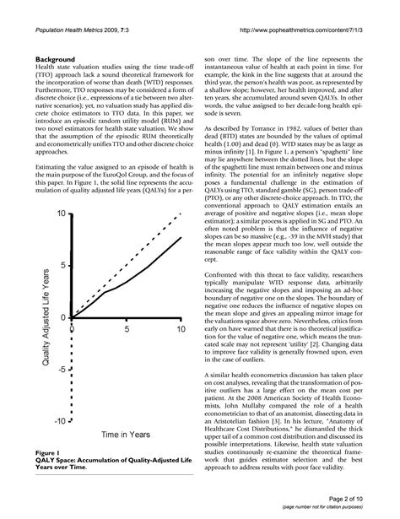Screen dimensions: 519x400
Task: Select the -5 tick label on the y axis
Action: coord(62,369)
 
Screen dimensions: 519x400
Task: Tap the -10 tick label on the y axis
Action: coord(59,420)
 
